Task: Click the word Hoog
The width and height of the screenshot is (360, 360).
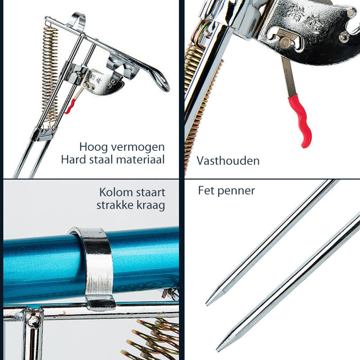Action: [x=93, y=147]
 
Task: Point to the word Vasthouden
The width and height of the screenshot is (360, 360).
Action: [x=228, y=161]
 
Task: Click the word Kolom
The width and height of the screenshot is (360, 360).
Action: [x=116, y=193]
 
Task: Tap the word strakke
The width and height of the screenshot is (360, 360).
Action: [x=115, y=205]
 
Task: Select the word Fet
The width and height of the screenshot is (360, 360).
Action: [x=207, y=190]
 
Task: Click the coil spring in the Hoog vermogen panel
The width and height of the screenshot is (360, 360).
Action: [x=50, y=73]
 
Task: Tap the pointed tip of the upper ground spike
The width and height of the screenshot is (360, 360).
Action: [x=207, y=305]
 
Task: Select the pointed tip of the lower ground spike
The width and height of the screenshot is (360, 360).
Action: [x=218, y=350]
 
